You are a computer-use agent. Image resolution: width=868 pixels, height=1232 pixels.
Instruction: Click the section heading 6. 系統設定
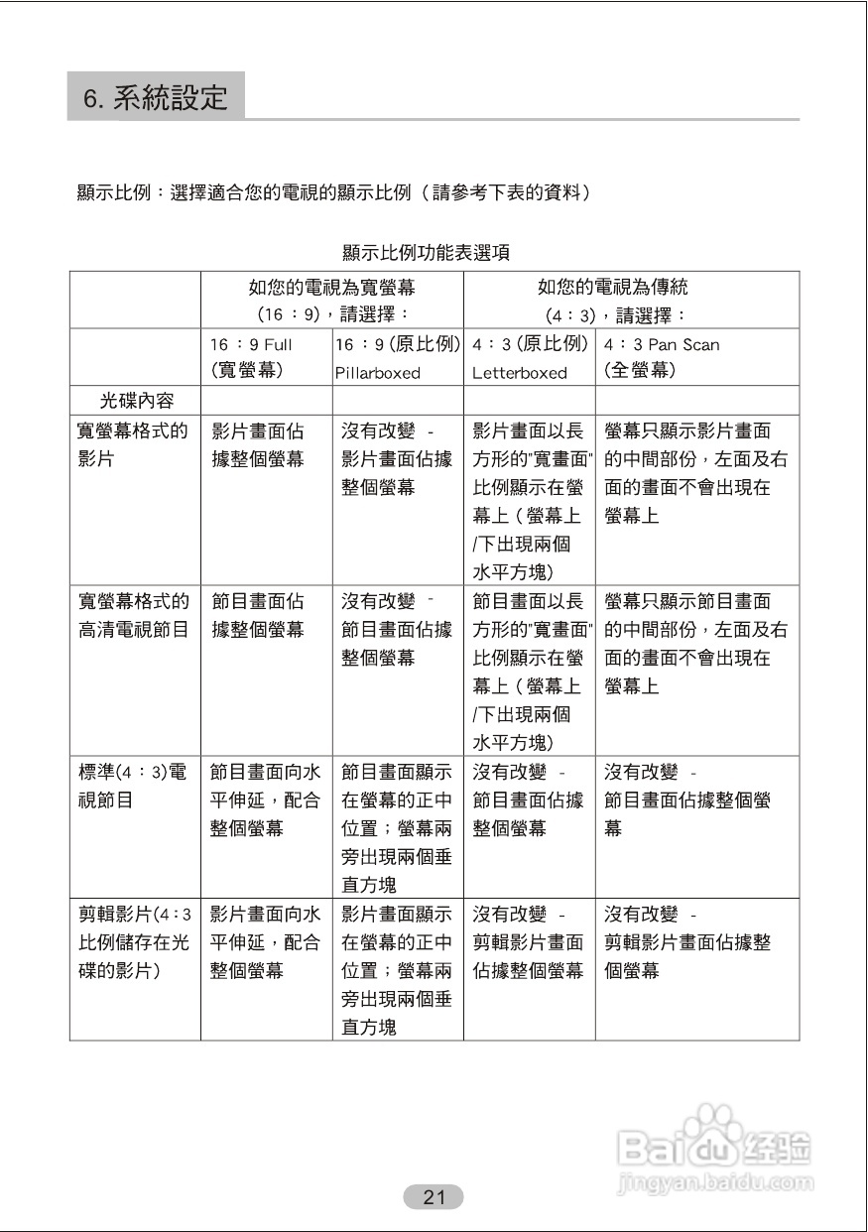(156, 97)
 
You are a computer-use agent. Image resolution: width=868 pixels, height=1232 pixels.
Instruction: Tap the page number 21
(434, 1196)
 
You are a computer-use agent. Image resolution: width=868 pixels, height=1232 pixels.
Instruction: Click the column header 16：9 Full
(251, 345)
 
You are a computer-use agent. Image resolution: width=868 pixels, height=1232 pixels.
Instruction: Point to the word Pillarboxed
(377, 374)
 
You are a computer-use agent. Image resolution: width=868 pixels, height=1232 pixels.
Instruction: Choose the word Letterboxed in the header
(520, 374)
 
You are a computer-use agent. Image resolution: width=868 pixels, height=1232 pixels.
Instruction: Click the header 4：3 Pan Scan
(662, 345)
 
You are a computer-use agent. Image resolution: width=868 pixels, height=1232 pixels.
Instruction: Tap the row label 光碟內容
(136, 401)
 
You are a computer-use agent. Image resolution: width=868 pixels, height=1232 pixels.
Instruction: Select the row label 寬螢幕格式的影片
(133, 444)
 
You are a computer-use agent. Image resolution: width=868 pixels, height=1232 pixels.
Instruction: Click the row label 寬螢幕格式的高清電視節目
(133, 615)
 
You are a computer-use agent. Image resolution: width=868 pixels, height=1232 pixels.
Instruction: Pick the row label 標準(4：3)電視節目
(133, 786)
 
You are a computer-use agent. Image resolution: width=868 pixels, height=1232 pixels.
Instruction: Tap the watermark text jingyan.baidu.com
(714, 1183)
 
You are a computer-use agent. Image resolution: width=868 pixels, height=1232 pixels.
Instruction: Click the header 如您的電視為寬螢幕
(331, 288)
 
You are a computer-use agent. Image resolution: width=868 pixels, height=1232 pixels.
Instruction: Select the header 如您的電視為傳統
(613, 288)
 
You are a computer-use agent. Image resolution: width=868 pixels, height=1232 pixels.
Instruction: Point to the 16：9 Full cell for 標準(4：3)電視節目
(265, 800)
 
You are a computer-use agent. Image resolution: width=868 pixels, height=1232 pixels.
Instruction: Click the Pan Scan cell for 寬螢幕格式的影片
(695, 473)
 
